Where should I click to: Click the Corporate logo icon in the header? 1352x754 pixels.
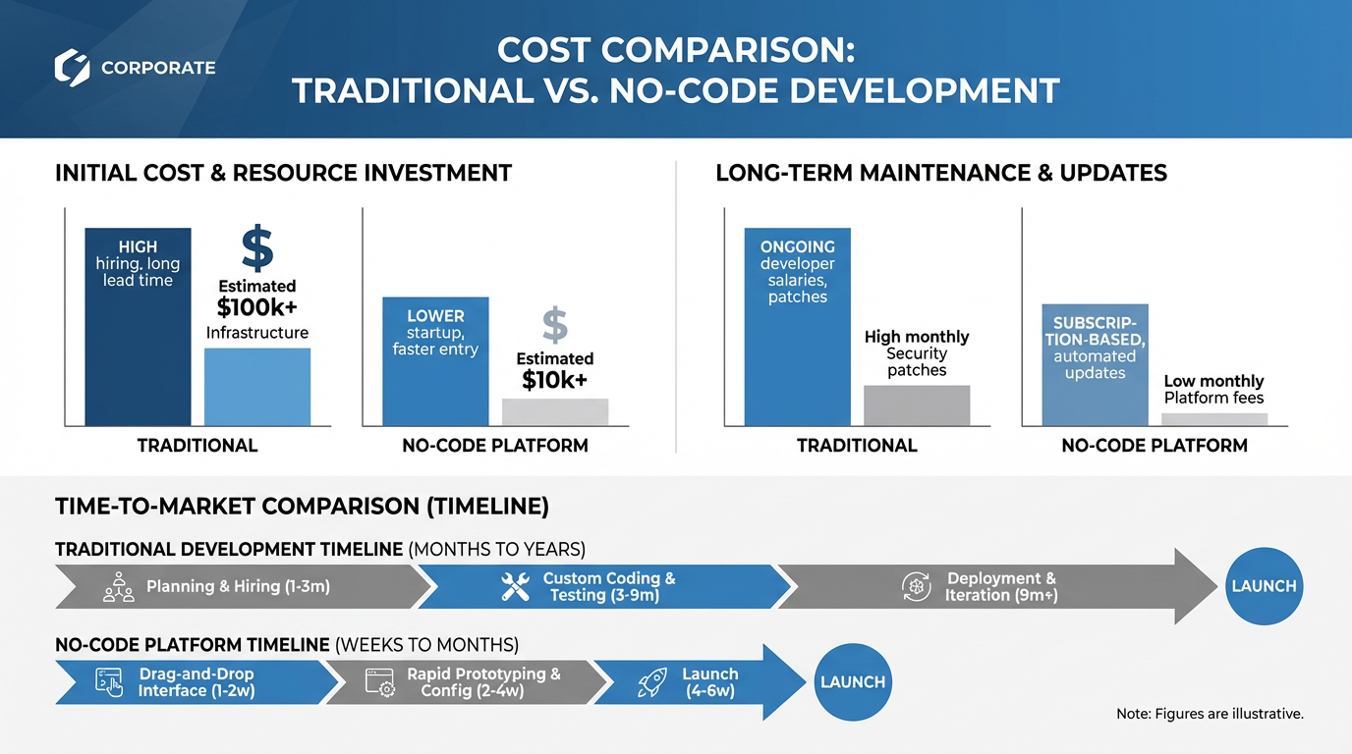pyautogui.click(x=73, y=68)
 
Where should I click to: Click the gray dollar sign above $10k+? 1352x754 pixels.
pyautogui.click(x=555, y=325)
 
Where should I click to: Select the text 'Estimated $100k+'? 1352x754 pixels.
pyautogui.click(x=256, y=297)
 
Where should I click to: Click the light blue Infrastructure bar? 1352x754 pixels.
pyautogui.click(x=256, y=387)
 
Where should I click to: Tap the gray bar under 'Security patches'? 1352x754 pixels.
pyautogui.click(x=916, y=405)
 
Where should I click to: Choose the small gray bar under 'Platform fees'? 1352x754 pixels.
pyautogui.click(x=1213, y=419)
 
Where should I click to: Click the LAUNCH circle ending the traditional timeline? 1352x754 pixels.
pyautogui.click(x=1264, y=586)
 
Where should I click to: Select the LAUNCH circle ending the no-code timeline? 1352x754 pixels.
pyautogui.click(x=853, y=682)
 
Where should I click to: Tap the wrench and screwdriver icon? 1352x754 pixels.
pyautogui.click(x=515, y=587)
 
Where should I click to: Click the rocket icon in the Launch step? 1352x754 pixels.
pyautogui.click(x=652, y=682)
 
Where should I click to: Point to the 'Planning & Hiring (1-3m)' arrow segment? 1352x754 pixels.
pyautogui.click(x=238, y=587)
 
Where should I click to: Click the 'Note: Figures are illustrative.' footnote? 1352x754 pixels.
pyautogui.click(x=1210, y=714)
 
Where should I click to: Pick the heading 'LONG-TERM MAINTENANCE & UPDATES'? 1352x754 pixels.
pyautogui.click(x=940, y=174)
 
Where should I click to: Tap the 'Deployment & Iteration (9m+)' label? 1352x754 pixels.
pyautogui.click(x=1000, y=587)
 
